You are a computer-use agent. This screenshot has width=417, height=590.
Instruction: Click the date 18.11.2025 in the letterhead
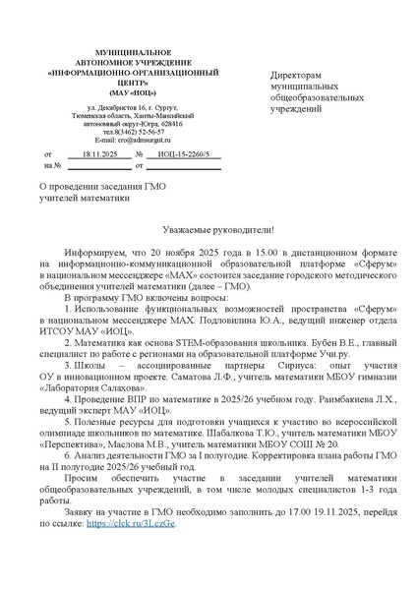tap(99, 155)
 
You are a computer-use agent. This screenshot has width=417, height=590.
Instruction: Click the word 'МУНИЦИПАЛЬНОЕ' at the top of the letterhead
tap(119, 49)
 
